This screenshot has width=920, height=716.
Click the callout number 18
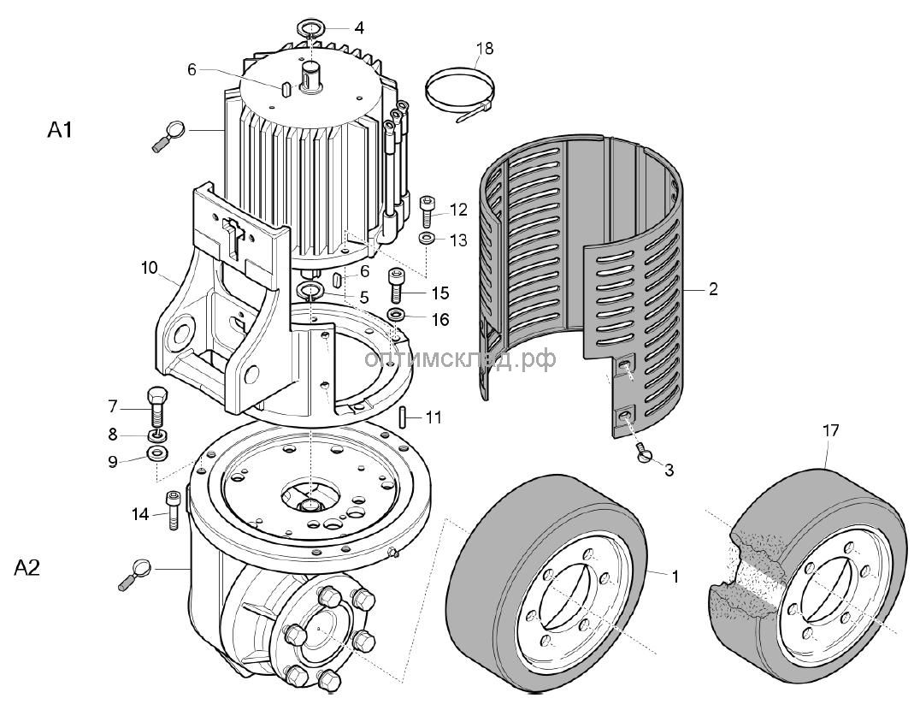point(485,48)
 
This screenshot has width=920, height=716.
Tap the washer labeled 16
point(398,315)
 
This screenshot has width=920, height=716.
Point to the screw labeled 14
point(173,510)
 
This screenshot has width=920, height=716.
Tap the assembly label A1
point(60,130)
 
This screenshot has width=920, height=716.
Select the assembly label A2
point(27,567)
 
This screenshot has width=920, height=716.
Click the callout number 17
point(831,430)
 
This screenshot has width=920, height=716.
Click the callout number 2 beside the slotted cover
point(713,289)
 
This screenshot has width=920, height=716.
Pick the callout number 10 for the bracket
point(149,268)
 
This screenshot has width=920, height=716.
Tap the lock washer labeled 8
point(156,435)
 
